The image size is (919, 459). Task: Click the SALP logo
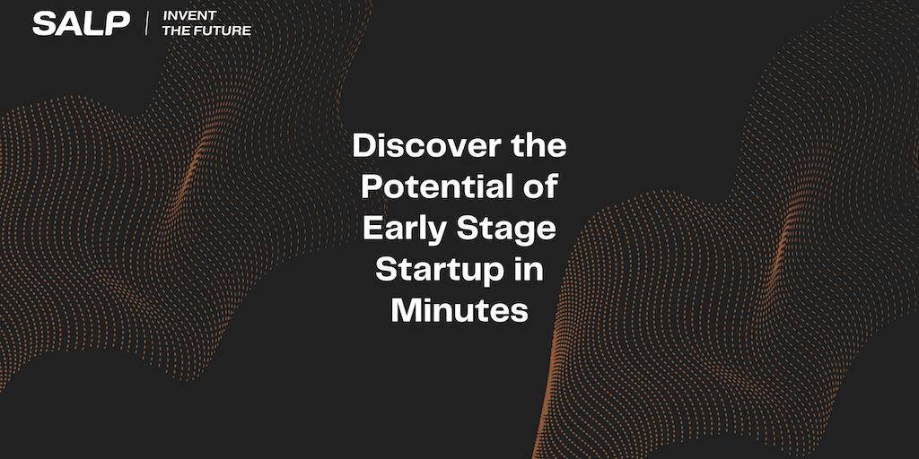(x=81, y=23)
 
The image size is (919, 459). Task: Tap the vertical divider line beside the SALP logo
(x=146, y=23)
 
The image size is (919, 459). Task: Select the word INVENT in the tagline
(x=189, y=16)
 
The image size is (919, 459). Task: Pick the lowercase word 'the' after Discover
(x=538, y=146)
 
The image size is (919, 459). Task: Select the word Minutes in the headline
(x=459, y=311)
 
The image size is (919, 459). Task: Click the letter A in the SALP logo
(x=68, y=23)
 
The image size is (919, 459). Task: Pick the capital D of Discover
(x=364, y=146)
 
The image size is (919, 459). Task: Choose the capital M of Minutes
(x=406, y=311)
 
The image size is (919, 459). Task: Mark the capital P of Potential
(x=372, y=188)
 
